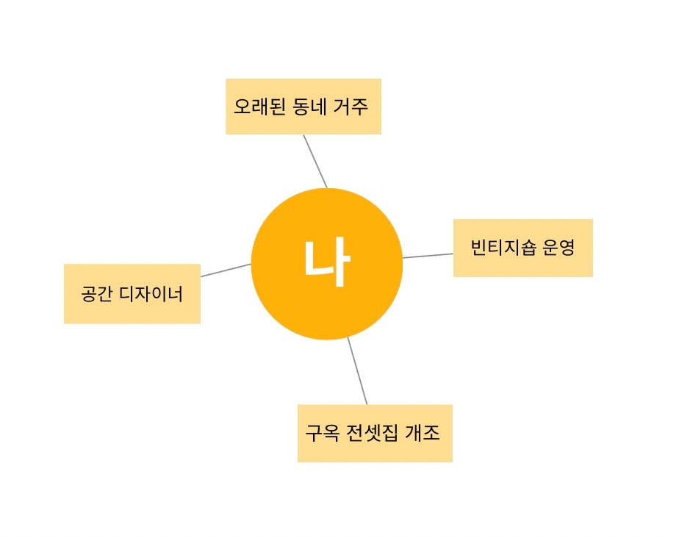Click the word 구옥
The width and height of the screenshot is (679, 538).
[x=321, y=433]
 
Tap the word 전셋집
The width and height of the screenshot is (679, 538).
[x=373, y=433]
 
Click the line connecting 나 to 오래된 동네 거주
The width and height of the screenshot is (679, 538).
[x=315, y=162]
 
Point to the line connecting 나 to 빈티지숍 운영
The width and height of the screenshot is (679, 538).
[x=428, y=256]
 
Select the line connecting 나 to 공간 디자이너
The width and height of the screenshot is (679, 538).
[x=226, y=270]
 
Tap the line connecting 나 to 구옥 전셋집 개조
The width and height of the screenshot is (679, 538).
[x=357, y=372]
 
